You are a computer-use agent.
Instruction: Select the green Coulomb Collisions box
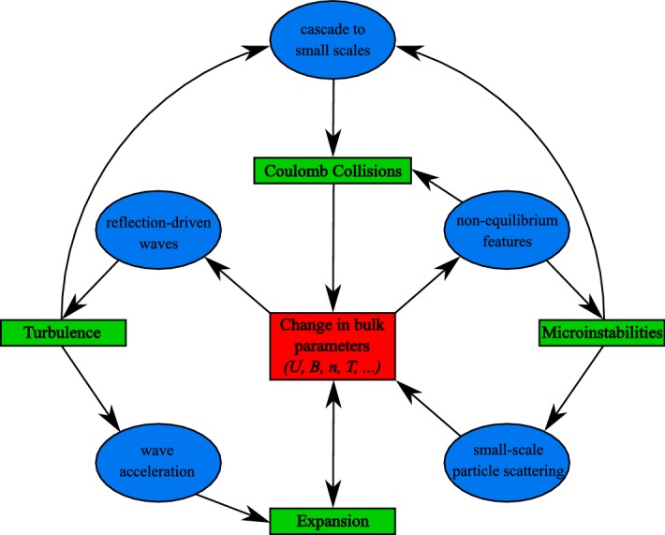[332, 171]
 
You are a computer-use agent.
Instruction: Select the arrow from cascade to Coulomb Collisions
[332, 117]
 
